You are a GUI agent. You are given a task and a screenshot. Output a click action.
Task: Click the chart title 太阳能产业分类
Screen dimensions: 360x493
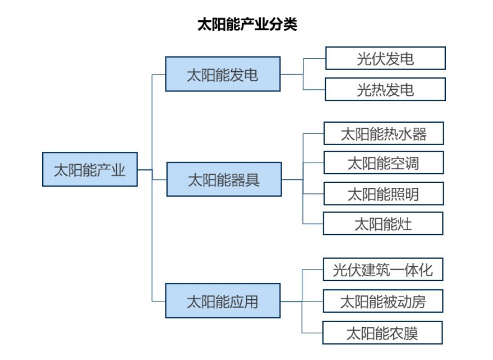tap(247, 25)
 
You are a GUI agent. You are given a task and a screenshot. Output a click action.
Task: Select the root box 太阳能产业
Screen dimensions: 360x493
tap(90, 170)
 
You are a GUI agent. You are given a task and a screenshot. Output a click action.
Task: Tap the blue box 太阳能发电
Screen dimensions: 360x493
tap(223, 74)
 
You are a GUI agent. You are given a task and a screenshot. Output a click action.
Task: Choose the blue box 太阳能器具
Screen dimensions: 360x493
tap(223, 179)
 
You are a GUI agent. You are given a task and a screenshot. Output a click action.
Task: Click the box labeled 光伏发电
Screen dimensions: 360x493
tap(385, 58)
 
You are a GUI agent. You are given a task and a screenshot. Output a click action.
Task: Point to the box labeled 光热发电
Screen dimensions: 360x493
tap(385, 89)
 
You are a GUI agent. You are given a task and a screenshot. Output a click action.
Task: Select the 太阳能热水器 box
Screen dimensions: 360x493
tap(383, 134)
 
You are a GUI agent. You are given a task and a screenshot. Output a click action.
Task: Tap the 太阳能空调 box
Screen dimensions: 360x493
tap(383, 163)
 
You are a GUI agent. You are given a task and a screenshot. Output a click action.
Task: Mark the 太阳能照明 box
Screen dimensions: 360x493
tap(383, 193)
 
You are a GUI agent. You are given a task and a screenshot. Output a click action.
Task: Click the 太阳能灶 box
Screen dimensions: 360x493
tap(383, 224)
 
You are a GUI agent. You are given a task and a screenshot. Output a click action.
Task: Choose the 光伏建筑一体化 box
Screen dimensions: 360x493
tap(382, 270)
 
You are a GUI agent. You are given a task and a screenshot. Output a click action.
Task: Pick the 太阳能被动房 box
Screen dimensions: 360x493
tap(382, 301)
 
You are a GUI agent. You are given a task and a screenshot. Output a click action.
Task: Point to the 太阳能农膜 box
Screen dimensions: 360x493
tap(382, 333)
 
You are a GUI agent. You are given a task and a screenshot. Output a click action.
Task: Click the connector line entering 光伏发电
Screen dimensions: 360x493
tap(314, 58)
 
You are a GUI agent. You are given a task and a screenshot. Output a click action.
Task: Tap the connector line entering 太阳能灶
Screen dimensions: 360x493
tap(313, 224)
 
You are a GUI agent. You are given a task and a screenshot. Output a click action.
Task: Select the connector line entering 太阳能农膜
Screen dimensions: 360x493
tap(312, 333)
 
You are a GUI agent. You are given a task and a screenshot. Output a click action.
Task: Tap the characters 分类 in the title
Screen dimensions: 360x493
tap(284, 25)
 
